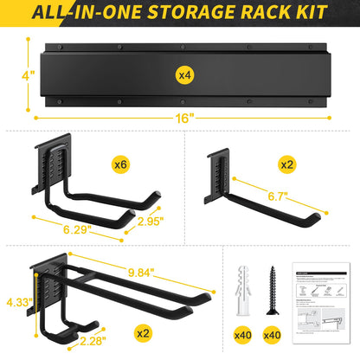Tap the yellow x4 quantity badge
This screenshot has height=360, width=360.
pos(183,76)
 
